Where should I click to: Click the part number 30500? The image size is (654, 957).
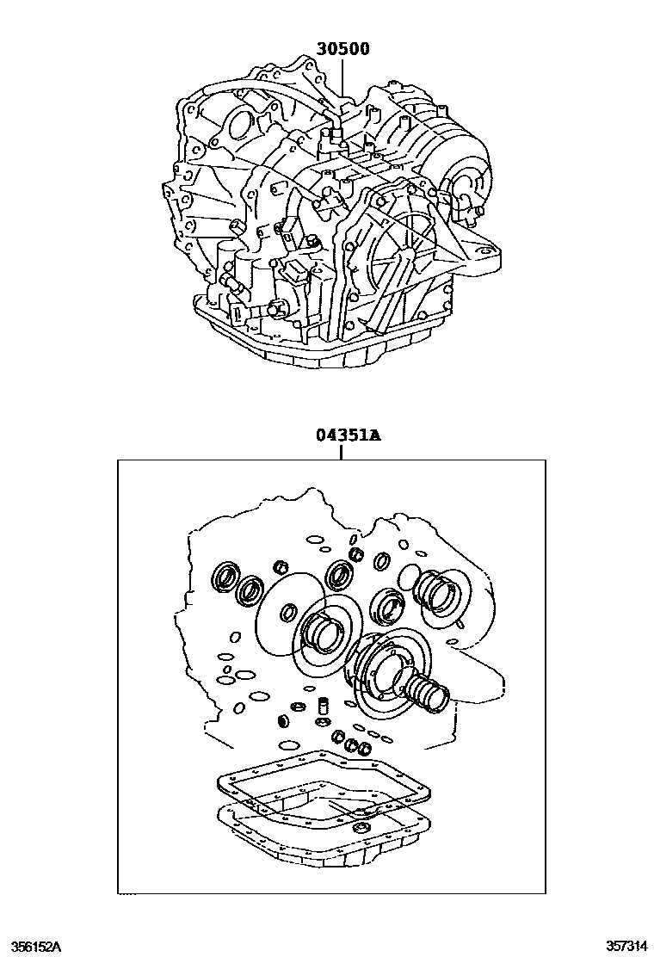[x=342, y=49]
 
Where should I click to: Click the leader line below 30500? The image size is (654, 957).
[x=342, y=82]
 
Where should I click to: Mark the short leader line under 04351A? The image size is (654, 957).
[x=342, y=451]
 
